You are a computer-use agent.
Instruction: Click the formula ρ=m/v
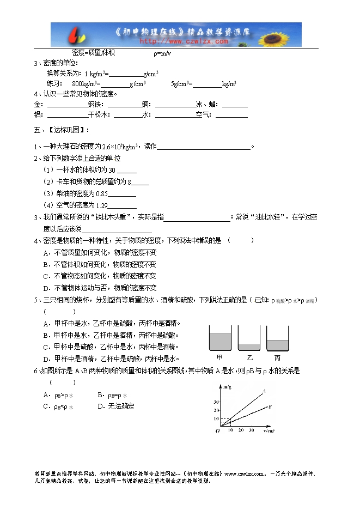coord(162,53)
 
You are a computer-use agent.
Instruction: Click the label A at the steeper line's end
coord(264,390)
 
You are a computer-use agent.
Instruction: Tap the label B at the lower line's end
coord(270,407)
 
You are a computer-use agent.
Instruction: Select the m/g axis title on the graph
coord(228,387)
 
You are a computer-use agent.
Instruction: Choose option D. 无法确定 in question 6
coord(116,406)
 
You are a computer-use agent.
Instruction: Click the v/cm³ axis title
coord(269,430)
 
